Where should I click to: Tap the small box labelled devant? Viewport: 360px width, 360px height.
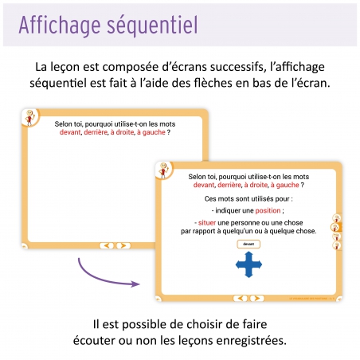coord(248,244)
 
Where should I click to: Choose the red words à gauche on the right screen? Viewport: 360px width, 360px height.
coord(288,184)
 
